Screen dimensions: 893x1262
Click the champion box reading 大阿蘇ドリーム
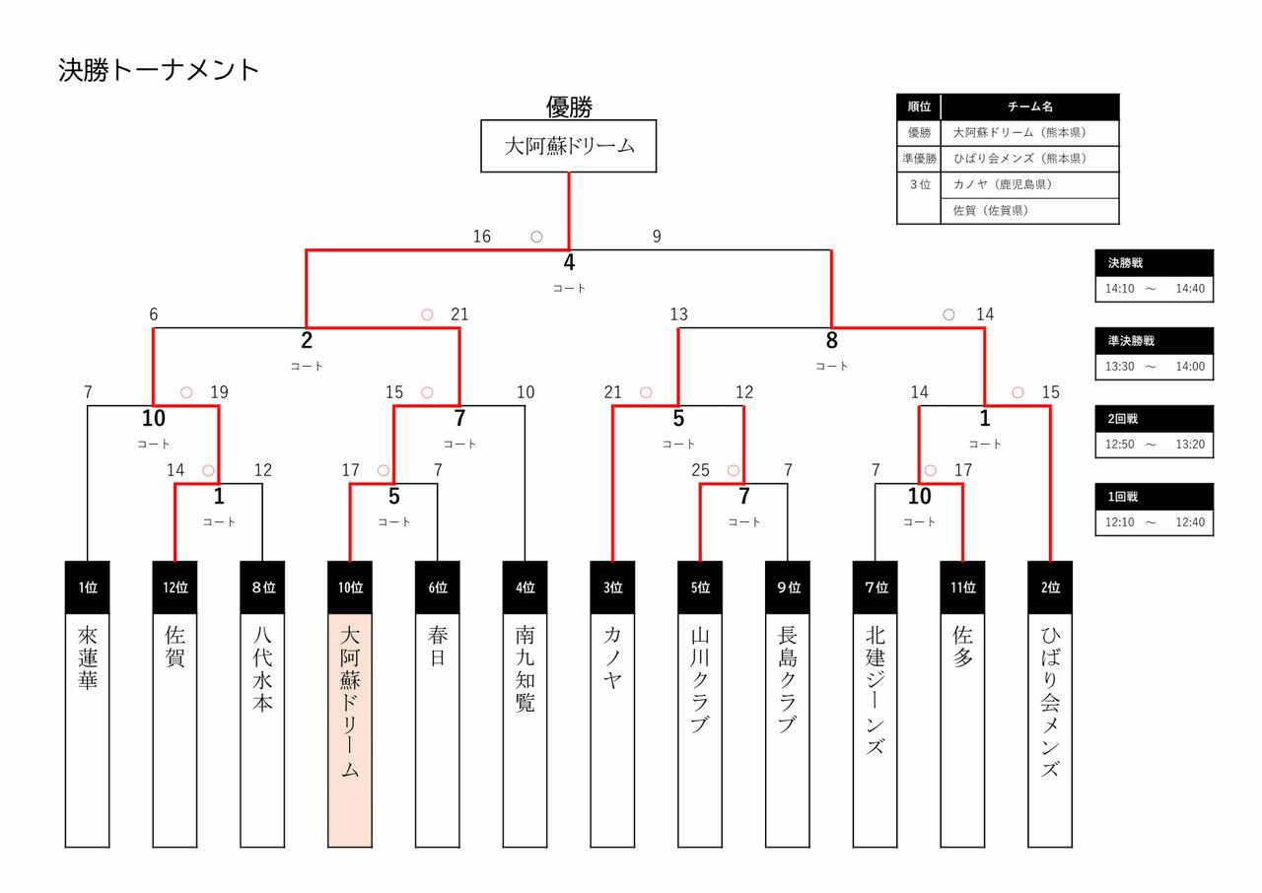click(x=569, y=147)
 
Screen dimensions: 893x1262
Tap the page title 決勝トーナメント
click(x=159, y=71)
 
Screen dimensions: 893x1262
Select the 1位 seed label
click(x=88, y=587)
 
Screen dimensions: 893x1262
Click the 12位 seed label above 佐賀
click(x=175, y=587)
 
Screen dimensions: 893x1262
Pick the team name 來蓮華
click(x=88, y=654)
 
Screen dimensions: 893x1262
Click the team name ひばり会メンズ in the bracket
click(x=1050, y=700)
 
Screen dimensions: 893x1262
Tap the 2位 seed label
click(x=1050, y=587)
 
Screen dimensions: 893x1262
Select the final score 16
click(x=481, y=237)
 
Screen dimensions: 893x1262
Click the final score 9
click(x=657, y=237)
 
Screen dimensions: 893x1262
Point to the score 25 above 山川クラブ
click(x=700, y=470)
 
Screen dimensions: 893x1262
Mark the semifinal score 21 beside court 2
click(x=459, y=314)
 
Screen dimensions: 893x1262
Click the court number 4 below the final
click(x=569, y=263)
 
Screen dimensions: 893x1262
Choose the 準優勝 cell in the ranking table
click(x=919, y=159)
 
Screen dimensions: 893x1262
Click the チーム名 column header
click(x=1030, y=106)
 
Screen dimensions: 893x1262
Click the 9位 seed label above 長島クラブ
click(x=788, y=587)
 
